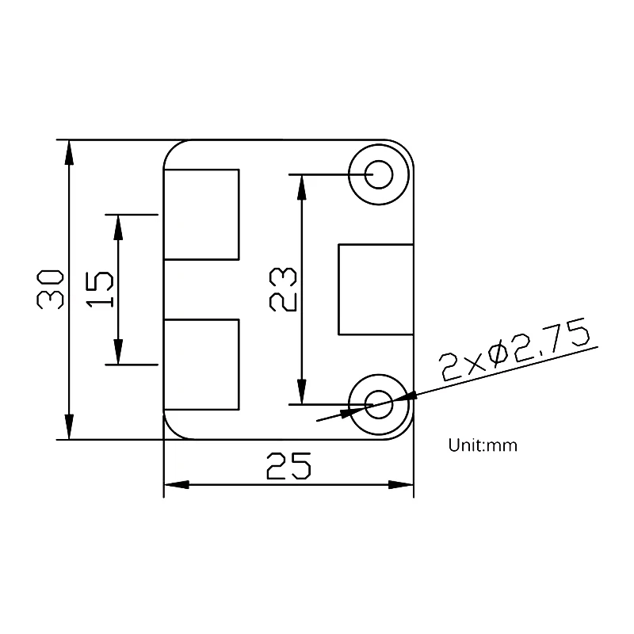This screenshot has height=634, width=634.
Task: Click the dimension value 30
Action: [x=50, y=289]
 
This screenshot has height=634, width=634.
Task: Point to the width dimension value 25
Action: [x=288, y=466]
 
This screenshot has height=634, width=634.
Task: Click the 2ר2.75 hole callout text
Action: [x=515, y=351]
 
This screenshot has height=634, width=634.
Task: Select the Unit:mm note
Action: [x=483, y=445]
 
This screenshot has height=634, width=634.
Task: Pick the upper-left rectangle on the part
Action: [x=201, y=214]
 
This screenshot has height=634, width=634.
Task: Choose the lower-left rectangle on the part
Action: [x=201, y=365]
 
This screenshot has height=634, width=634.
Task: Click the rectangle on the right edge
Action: [x=376, y=289]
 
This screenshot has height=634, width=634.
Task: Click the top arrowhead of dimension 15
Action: [x=118, y=227]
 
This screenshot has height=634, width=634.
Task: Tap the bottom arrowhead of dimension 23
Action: [x=300, y=391]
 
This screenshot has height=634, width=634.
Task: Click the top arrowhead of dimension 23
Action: [x=300, y=187]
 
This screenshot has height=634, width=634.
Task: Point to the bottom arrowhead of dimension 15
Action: [x=118, y=352]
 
